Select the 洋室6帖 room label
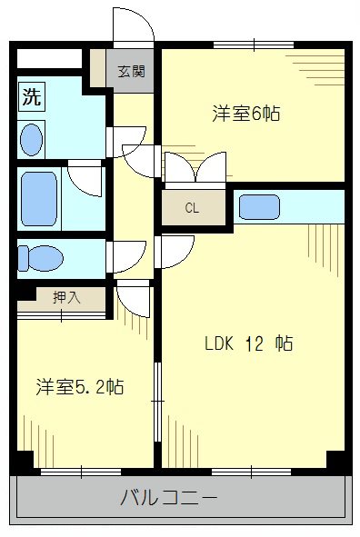click(x=245, y=114)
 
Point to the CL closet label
click(x=192, y=207)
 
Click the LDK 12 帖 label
click(x=247, y=344)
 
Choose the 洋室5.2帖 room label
click(x=80, y=387)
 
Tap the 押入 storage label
click(x=65, y=296)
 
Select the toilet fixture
click(x=41, y=258)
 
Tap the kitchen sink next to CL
click(x=258, y=206)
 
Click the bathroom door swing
click(x=86, y=179)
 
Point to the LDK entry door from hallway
click(x=175, y=251)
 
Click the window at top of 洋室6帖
click(x=253, y=44)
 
